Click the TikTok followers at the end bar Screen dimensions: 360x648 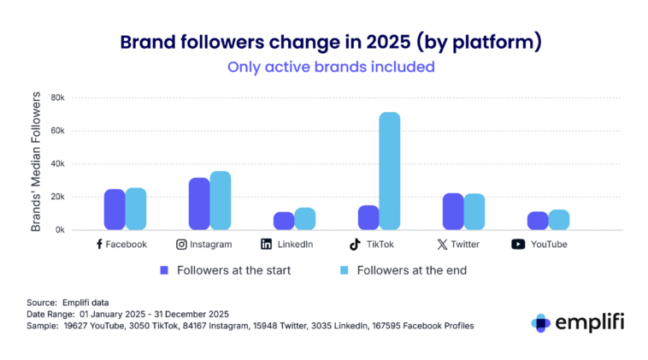point(390,171)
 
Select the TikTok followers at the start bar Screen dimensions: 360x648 point(368,217)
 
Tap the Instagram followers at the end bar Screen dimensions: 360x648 point(221,201)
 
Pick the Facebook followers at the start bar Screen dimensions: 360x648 point(115,210)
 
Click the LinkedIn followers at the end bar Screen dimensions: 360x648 point(305,219)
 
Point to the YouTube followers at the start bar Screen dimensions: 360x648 point(538,221)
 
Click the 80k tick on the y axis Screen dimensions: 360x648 point(58,97)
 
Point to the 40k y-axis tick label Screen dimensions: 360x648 point(58,164)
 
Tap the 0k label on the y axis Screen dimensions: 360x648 point(60,230)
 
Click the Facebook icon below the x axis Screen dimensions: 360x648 point(99,244)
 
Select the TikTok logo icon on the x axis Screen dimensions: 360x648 point(355,244)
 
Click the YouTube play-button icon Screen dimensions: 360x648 point(518,245)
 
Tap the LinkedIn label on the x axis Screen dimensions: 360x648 point(295,245)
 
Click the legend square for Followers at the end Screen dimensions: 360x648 point(344,269)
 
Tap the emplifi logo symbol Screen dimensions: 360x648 point(540,322)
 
